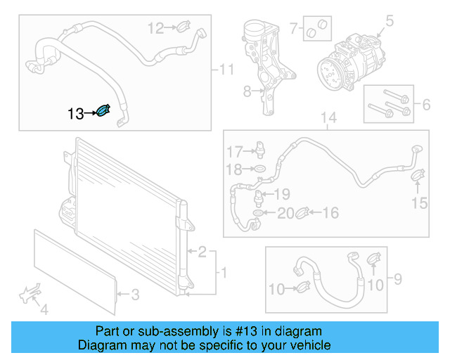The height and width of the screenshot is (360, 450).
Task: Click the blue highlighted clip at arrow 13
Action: (x=103, y=112)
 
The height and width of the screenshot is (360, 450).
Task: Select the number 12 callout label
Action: (x=155, y=28)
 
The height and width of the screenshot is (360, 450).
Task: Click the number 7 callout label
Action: (x=294, y=30)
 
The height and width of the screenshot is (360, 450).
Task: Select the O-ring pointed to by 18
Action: (x=259, y=169)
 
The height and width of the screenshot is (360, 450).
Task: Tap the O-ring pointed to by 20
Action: (x=259, y=212)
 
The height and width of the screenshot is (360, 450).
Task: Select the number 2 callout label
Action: (x=202, y=252)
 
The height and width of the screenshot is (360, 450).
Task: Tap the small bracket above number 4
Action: (x=30, y=293)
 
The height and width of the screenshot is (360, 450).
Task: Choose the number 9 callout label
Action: (x=397, y=280)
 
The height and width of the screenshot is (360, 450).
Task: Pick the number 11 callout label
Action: (x=225, y=70)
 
